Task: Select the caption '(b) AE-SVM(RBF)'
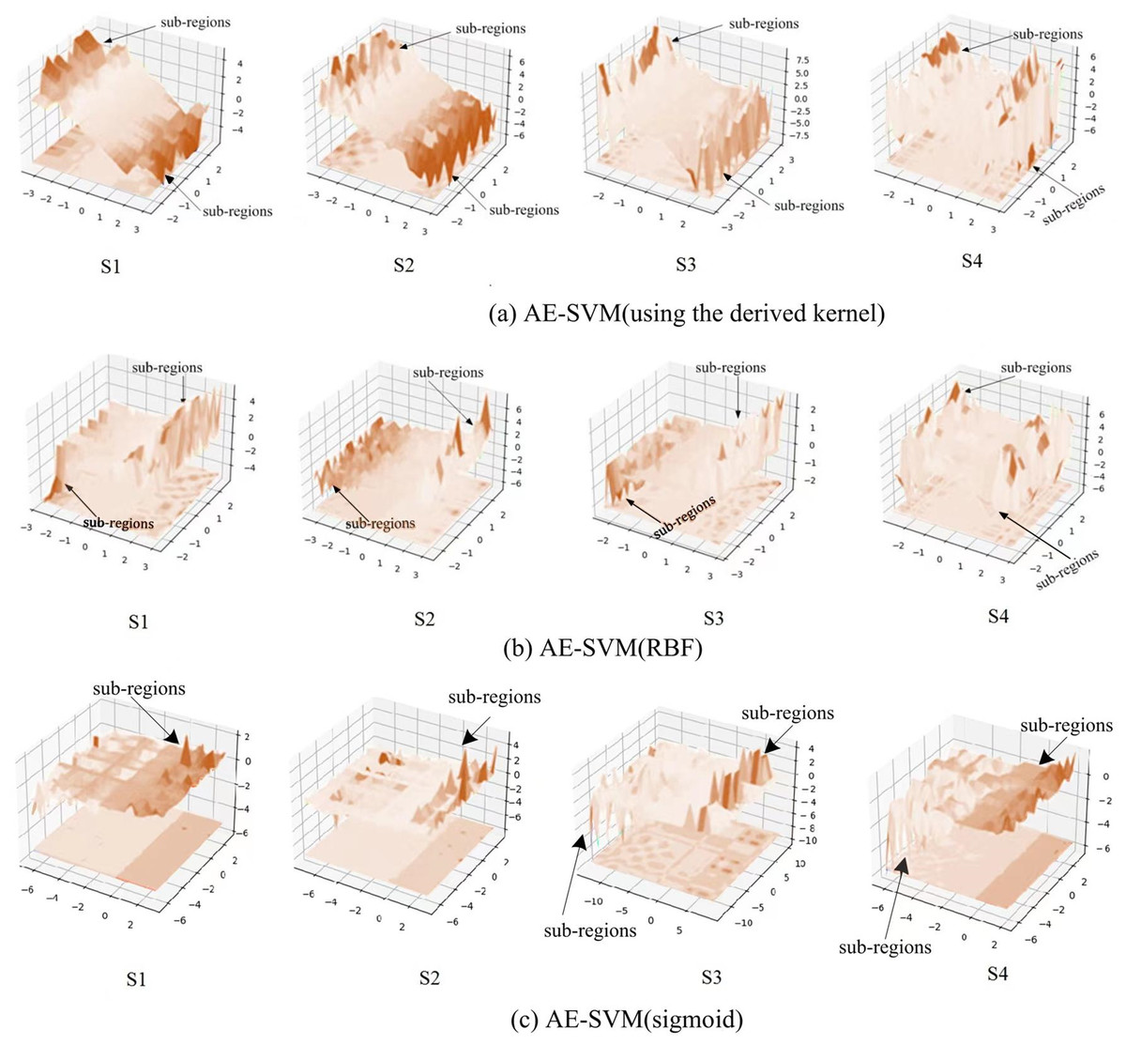point(621,648)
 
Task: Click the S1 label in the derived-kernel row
point(110,267)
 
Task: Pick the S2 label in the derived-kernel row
point(403,266)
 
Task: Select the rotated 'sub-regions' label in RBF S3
point(684,517)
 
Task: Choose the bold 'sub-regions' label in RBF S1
point(118,523)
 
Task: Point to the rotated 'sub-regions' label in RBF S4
point(1067,570)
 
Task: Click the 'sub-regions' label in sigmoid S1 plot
point(139,688)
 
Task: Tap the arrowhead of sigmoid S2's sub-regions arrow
point(464,743)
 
